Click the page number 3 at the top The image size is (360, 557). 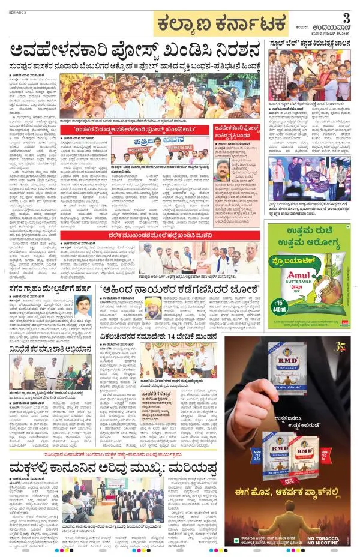coord(345,16)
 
